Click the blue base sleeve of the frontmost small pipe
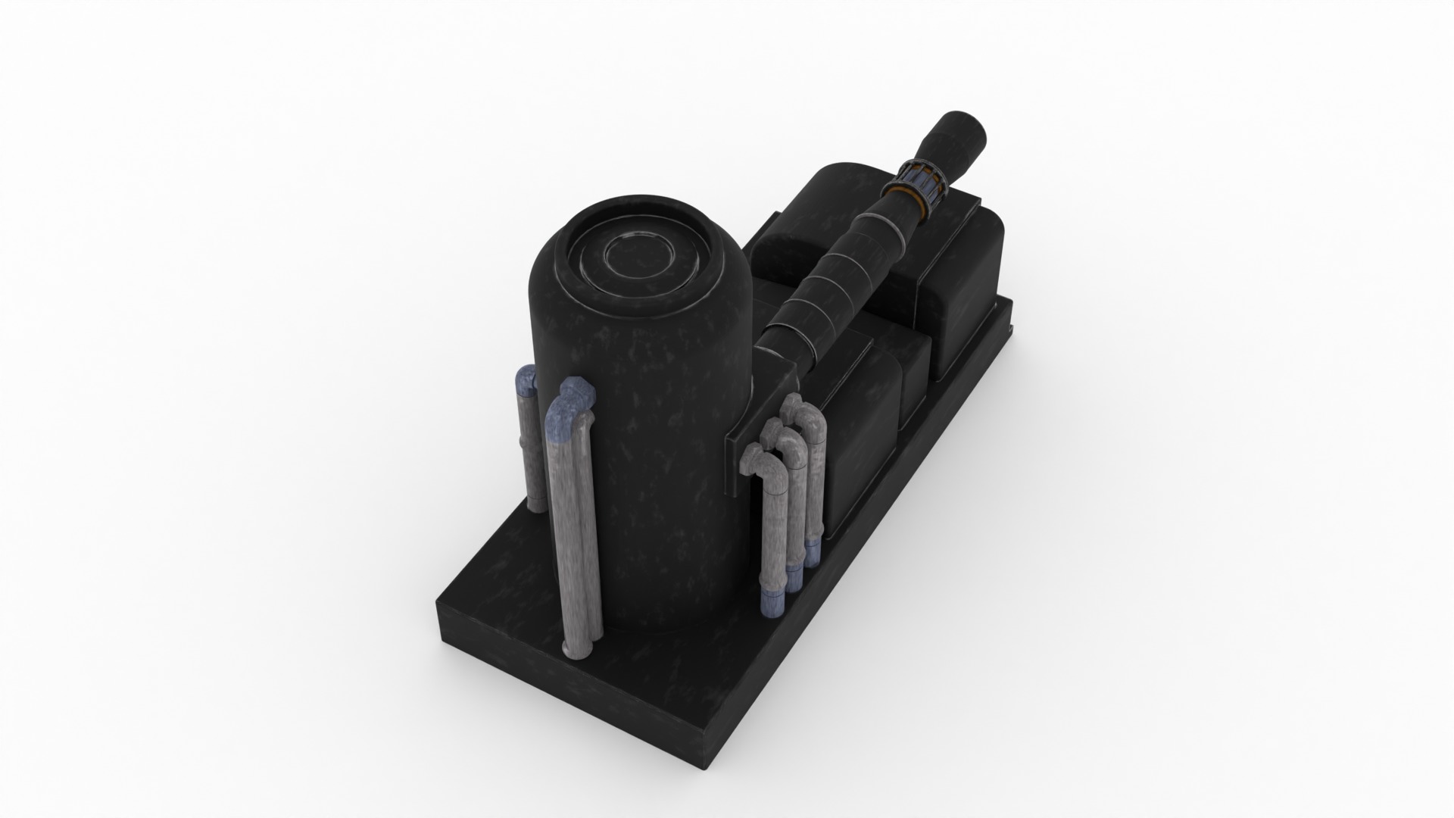click(772, 603)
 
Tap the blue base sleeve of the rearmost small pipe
click(813, 554)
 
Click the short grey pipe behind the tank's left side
click(531, 454)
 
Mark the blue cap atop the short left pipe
click(526, 378)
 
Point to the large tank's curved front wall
click(659, 454)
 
